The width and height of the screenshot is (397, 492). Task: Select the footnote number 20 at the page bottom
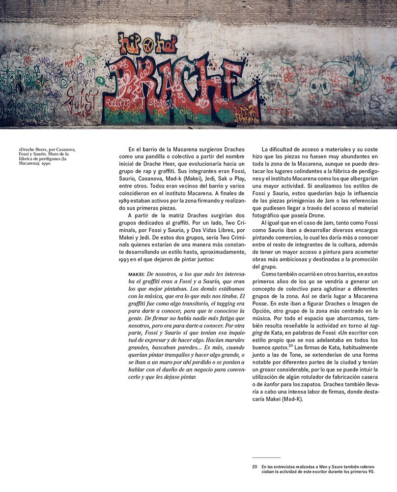click(255, 466)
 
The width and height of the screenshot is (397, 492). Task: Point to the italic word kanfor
click(275, 392)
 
